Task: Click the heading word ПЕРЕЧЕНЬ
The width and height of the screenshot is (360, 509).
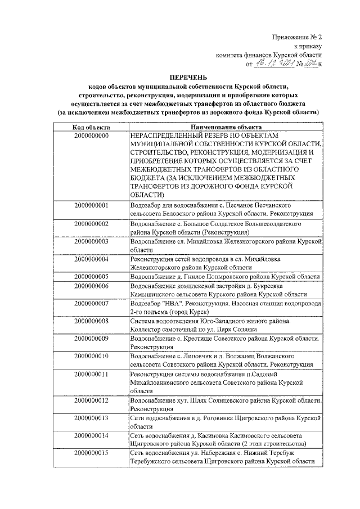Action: click(x=188, y=76)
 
